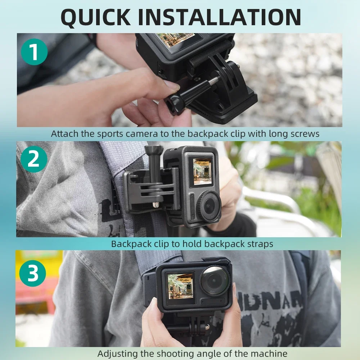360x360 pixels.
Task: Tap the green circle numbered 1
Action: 34,52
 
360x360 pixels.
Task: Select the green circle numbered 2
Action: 34,159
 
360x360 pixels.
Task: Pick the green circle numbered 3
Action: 33,273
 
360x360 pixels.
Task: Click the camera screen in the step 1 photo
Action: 176,41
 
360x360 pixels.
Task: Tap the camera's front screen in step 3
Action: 179,286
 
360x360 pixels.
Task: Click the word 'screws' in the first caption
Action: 302,134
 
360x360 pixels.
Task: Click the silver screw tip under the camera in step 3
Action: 207,327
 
